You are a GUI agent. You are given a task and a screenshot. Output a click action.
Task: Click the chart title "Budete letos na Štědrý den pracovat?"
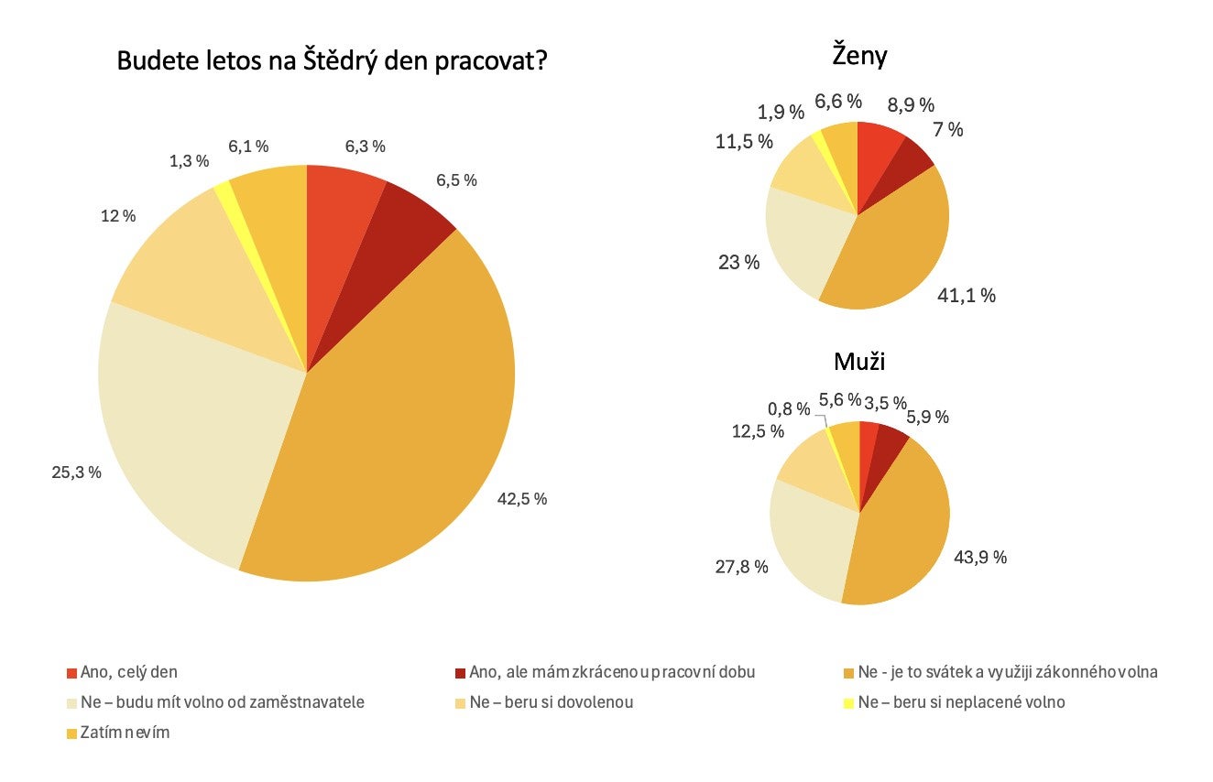333,62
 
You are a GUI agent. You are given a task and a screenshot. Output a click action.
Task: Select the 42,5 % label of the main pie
523,499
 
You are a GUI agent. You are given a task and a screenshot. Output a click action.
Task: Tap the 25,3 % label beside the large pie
76,472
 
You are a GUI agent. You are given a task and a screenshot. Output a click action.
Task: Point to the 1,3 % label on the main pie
190,161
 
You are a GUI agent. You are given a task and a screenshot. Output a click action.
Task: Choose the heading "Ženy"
859,57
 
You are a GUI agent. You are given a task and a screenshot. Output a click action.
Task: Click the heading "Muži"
859,361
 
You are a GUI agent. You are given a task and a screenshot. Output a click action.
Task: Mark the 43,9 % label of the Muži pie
979,557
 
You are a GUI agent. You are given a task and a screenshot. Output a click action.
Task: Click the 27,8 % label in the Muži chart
740,567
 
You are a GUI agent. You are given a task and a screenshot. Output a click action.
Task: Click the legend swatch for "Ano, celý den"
72,673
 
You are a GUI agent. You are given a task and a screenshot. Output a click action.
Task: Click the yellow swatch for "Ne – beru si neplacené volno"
848,703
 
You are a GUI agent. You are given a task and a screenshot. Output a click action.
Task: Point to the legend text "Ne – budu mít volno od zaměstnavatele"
223,702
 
